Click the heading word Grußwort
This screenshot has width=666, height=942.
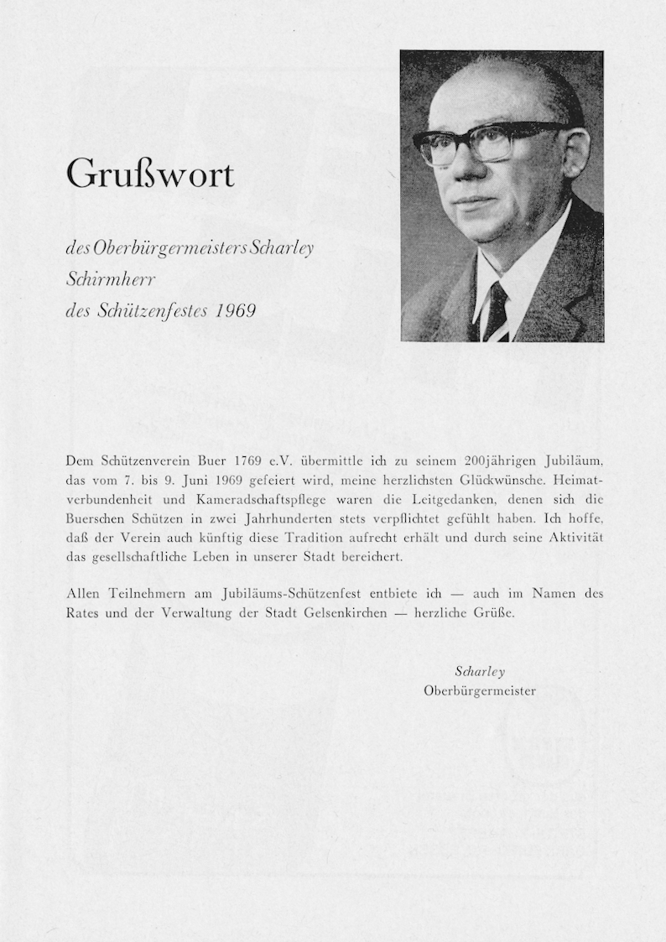pyautogui.click(x=150, y=174)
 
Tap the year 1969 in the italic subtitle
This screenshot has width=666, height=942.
pyautogui.click(x=236, y=310)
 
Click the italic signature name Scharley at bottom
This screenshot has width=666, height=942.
pyautogui.click(x=480, y=672)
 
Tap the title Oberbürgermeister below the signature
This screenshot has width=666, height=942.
pyautogui.click(x=480, y=690)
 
